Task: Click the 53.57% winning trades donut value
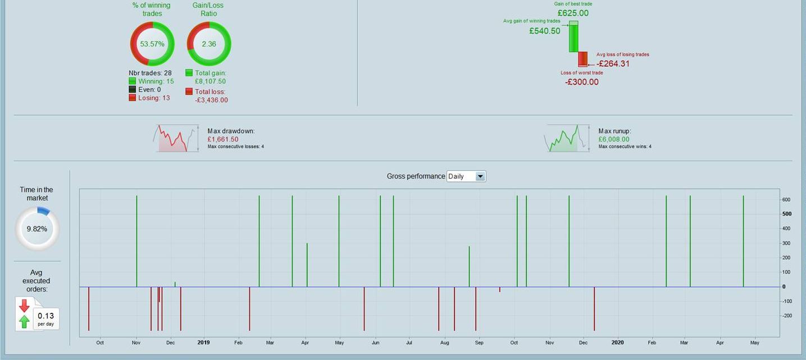[152, 44]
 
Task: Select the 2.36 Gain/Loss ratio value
[208, 44]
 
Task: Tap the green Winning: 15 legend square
[133, 81]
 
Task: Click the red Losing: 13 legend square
[133, 98]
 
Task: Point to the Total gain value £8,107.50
[210, 81]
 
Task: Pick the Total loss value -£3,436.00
[211, 100]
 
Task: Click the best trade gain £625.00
[573, 13]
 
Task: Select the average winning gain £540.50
[544, 31]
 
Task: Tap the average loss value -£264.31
[613, 63]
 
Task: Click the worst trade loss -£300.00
[581, 82]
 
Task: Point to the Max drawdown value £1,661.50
[222, 139]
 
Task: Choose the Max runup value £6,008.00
[614, 139]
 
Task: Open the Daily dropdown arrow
[480, 176]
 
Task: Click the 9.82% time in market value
[37, 229]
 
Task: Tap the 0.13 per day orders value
[46, 316]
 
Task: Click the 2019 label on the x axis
[203, 342]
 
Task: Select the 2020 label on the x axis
[617, 342]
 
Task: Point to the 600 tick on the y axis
[786, 199]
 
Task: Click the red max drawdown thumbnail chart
[175, 138]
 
